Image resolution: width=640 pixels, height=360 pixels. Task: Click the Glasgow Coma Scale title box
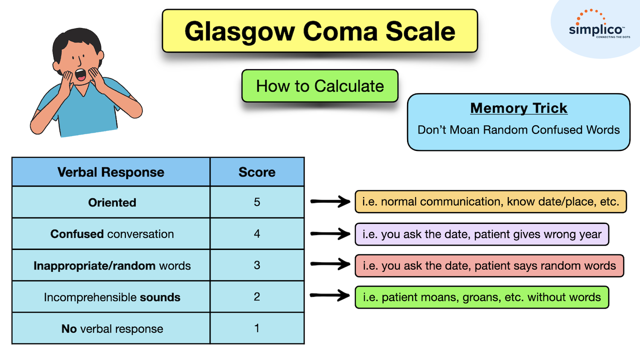click(320, 31)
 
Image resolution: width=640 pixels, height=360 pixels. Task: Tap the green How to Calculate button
click(320, 86)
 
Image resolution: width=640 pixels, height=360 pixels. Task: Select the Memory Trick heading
click(518, 108)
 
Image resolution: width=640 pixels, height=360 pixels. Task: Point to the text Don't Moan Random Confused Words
click(518, 130)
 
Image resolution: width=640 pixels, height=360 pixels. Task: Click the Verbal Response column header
click(111, 172)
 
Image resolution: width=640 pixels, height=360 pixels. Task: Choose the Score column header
click(257, 172)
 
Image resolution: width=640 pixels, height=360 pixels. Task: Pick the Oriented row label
click(112, 203)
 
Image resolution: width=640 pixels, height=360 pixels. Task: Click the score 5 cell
click(257, 202)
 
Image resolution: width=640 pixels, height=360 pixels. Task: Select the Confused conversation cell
click(112, 234)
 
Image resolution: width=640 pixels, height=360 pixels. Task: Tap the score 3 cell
click(257, 265)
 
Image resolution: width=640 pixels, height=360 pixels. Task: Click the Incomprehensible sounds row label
click(112, 297)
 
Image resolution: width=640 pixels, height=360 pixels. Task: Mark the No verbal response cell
click(112, 328)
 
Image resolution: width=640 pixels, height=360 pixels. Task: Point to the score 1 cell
click(257, 328)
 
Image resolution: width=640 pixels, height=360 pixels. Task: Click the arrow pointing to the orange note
click(330, 201)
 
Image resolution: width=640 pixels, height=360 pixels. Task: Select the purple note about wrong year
click(482, 234)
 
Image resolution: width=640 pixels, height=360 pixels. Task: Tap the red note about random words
click(489, 266)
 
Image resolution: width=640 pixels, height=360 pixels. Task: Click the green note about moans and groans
click(482, 297)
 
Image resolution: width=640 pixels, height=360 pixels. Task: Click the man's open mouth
click(80, 75)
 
